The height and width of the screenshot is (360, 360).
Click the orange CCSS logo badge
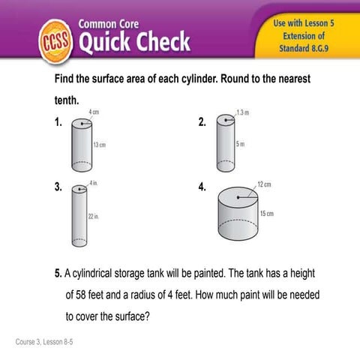click(x=55, y=41)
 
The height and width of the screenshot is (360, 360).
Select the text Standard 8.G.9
click(x=304, y=48)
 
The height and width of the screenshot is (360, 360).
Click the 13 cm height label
click(x=100, y=145)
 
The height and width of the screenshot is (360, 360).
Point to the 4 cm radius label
click(x=94, y=112)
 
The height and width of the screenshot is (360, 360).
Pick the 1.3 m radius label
click(x=243, y=112)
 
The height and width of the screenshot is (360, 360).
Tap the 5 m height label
click(x=240, y=144)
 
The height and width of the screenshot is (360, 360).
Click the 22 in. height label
click(x=94, y=216)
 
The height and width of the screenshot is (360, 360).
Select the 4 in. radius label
click(x=94, y=183)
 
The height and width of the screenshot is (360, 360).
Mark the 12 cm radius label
click(x=264, y=184)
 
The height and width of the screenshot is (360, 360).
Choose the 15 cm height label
click(x=267, y=214)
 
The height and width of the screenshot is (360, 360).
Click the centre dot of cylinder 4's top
click(x=238, y=197)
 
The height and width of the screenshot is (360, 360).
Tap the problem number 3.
click(x=58, y=187)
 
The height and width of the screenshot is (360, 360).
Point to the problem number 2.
click(x=202, y=122)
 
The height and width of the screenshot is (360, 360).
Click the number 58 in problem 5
click(x=81, y=295)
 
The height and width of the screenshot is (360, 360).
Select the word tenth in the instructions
click(x=67, y=100)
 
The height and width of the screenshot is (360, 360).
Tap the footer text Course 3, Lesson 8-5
click(x=44, y=342)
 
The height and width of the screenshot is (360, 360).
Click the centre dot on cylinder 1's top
click(x=82, y=124)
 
